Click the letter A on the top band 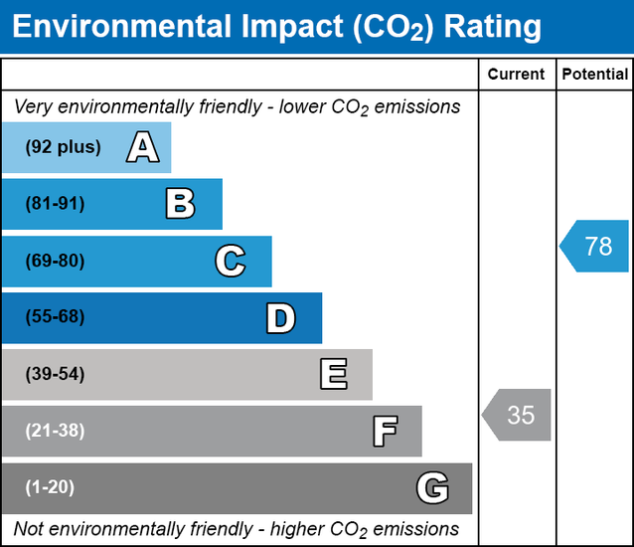142,148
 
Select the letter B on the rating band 180,204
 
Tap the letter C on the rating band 230,262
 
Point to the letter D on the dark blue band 280,318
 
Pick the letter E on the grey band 333,375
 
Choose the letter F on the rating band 385,432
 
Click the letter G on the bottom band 432,488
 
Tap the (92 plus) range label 64,147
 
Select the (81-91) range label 56,204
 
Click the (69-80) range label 56,262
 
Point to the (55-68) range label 56,318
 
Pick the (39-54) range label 56,375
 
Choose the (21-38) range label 56,432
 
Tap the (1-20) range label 51,488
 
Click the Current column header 517,75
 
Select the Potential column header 594,75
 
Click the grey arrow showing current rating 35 518,415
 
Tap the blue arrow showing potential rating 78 595,246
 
